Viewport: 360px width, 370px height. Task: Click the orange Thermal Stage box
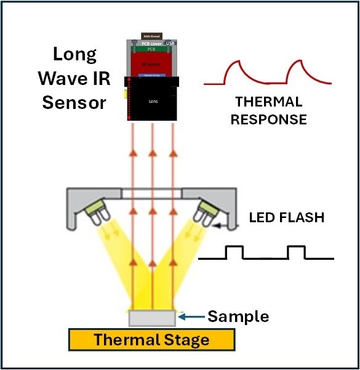151,340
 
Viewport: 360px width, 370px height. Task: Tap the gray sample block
152,318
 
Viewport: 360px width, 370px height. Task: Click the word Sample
238,316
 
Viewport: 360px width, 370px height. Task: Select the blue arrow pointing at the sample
192,318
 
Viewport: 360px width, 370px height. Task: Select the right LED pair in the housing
204,211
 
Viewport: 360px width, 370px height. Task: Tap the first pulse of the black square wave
234,252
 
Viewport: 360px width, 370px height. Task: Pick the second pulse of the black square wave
296,252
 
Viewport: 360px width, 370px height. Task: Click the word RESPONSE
268,119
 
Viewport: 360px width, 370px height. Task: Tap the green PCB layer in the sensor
151,49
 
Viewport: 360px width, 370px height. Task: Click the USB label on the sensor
172,42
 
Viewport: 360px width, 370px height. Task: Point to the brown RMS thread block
151,36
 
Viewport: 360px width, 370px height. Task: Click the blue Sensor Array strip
151,74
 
